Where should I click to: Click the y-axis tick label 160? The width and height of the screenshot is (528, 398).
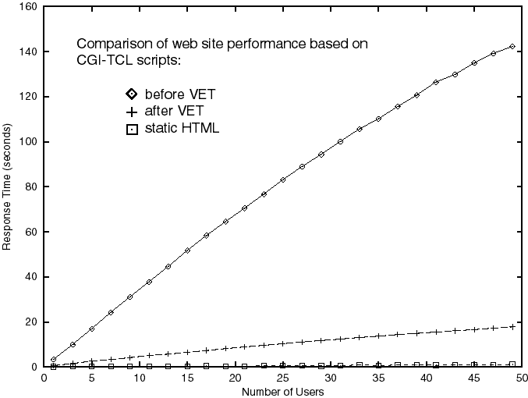click(29, 7)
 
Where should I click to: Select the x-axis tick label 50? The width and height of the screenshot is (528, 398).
click(522, 378)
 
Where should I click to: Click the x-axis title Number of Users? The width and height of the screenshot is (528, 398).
click(282, 391)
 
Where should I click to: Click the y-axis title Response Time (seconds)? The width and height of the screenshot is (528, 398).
click(7, 187)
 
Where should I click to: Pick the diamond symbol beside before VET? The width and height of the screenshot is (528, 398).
click(131, 95)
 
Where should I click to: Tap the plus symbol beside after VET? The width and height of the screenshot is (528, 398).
click(131, 112)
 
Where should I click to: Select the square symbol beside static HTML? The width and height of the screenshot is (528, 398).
click(131, 128)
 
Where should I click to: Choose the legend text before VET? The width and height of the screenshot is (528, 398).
click(180, 95)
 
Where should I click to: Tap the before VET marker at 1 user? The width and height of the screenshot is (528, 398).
click(53, 360)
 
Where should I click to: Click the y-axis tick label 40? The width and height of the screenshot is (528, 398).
click(31, 277)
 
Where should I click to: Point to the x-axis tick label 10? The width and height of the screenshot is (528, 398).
click(139, 378)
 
